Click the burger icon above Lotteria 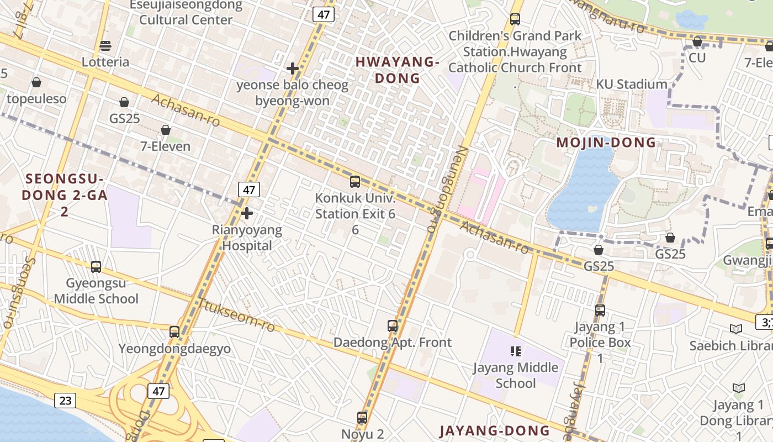(x=105, y=45)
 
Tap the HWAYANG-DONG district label (x=397, y=70)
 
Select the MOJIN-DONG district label (x=606, y=143)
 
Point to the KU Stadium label (x=631, y=85)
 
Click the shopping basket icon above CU (x=697, y=41)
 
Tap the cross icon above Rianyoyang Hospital (x=247, y=213)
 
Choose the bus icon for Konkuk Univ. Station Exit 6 (x=355, y=181)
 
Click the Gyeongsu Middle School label (x=96, y=291)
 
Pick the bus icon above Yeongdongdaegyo (x=174, y=331)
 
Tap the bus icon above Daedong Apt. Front (x=393, y=325)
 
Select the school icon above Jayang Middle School (x=516, y=351)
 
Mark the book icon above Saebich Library (x=736, y=329)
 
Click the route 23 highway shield (x=65, y=400)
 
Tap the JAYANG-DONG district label (x=494, y=430)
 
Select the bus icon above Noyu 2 (x=362, y=417)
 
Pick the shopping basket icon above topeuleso (x=36, y=82)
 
